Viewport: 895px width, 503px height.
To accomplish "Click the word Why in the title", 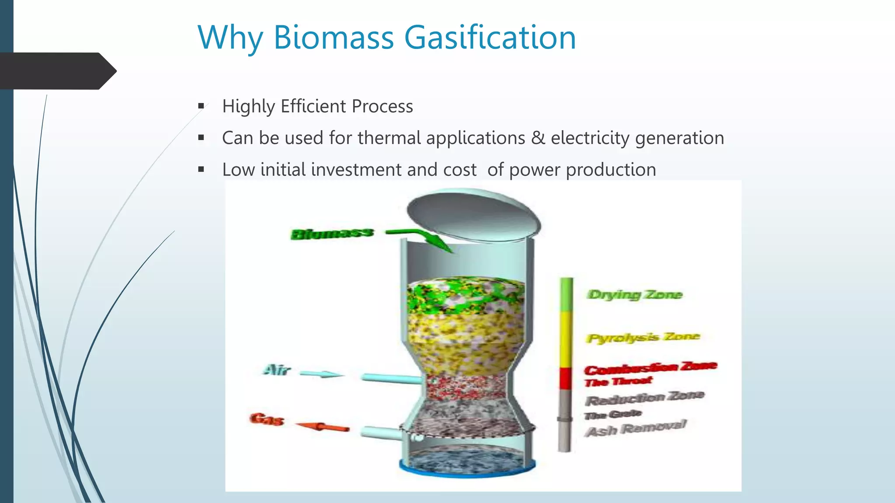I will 230,38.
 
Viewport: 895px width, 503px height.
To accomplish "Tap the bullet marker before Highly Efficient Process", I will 201,106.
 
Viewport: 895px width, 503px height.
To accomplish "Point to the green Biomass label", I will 332,234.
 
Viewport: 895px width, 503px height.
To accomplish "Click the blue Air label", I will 277,370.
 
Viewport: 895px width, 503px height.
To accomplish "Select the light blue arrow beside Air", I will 322,374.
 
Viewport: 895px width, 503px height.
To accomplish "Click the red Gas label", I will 267,419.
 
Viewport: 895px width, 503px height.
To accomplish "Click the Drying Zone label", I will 634,295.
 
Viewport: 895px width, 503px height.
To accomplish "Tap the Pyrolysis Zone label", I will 643,338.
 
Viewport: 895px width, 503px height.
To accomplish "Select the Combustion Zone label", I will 650,368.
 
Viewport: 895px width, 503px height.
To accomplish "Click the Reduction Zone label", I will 645,398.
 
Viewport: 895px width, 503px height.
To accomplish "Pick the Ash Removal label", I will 636,428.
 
